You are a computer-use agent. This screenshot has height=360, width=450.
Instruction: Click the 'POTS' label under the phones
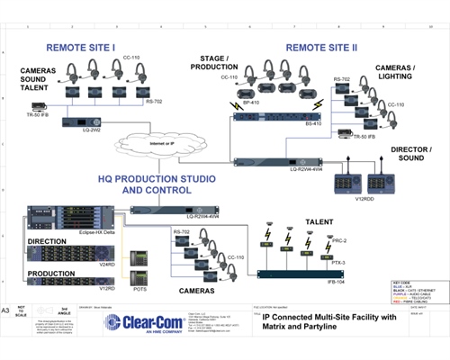(x=139, y=289)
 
